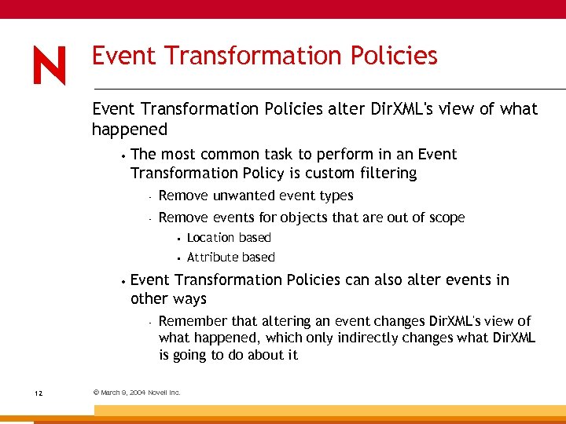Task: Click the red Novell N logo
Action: click(x=50, y=65)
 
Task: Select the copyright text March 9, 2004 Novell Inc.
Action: click(x=137, y=393)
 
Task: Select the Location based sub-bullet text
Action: click(x=229, y=238)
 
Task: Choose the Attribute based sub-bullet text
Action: click(x=230, y=258)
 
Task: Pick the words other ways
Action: click(x=168, y=299)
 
